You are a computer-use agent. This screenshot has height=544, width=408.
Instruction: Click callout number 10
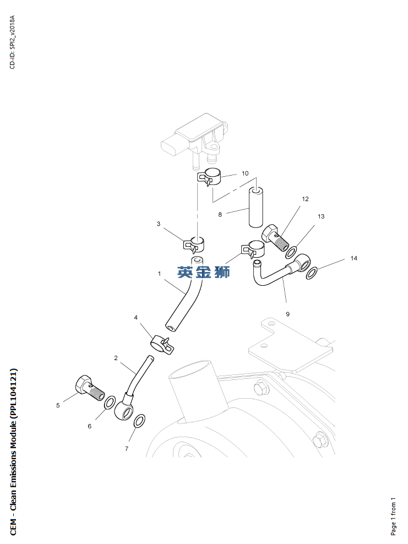pos(246,173)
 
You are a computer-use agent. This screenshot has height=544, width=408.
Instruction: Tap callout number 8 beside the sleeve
pos(220,215)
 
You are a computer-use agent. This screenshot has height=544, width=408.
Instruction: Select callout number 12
pos(305,199)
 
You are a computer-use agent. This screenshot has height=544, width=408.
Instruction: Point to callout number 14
pos(354,258)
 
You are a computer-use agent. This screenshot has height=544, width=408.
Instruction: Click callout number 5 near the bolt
pos(58,405)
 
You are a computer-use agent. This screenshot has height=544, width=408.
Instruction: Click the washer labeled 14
pos(312,273)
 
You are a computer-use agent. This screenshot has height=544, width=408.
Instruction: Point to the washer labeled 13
pos(291,252)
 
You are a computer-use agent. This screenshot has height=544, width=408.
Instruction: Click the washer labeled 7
pos(140,421)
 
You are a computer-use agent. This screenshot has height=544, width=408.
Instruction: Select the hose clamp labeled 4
pos(161,344)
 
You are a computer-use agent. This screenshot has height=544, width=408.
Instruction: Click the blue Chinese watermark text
pos(203,271)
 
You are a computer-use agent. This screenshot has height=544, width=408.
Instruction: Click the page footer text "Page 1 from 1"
pos(393,516)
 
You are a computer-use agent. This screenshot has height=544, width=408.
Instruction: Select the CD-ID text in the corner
pos(13,42)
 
